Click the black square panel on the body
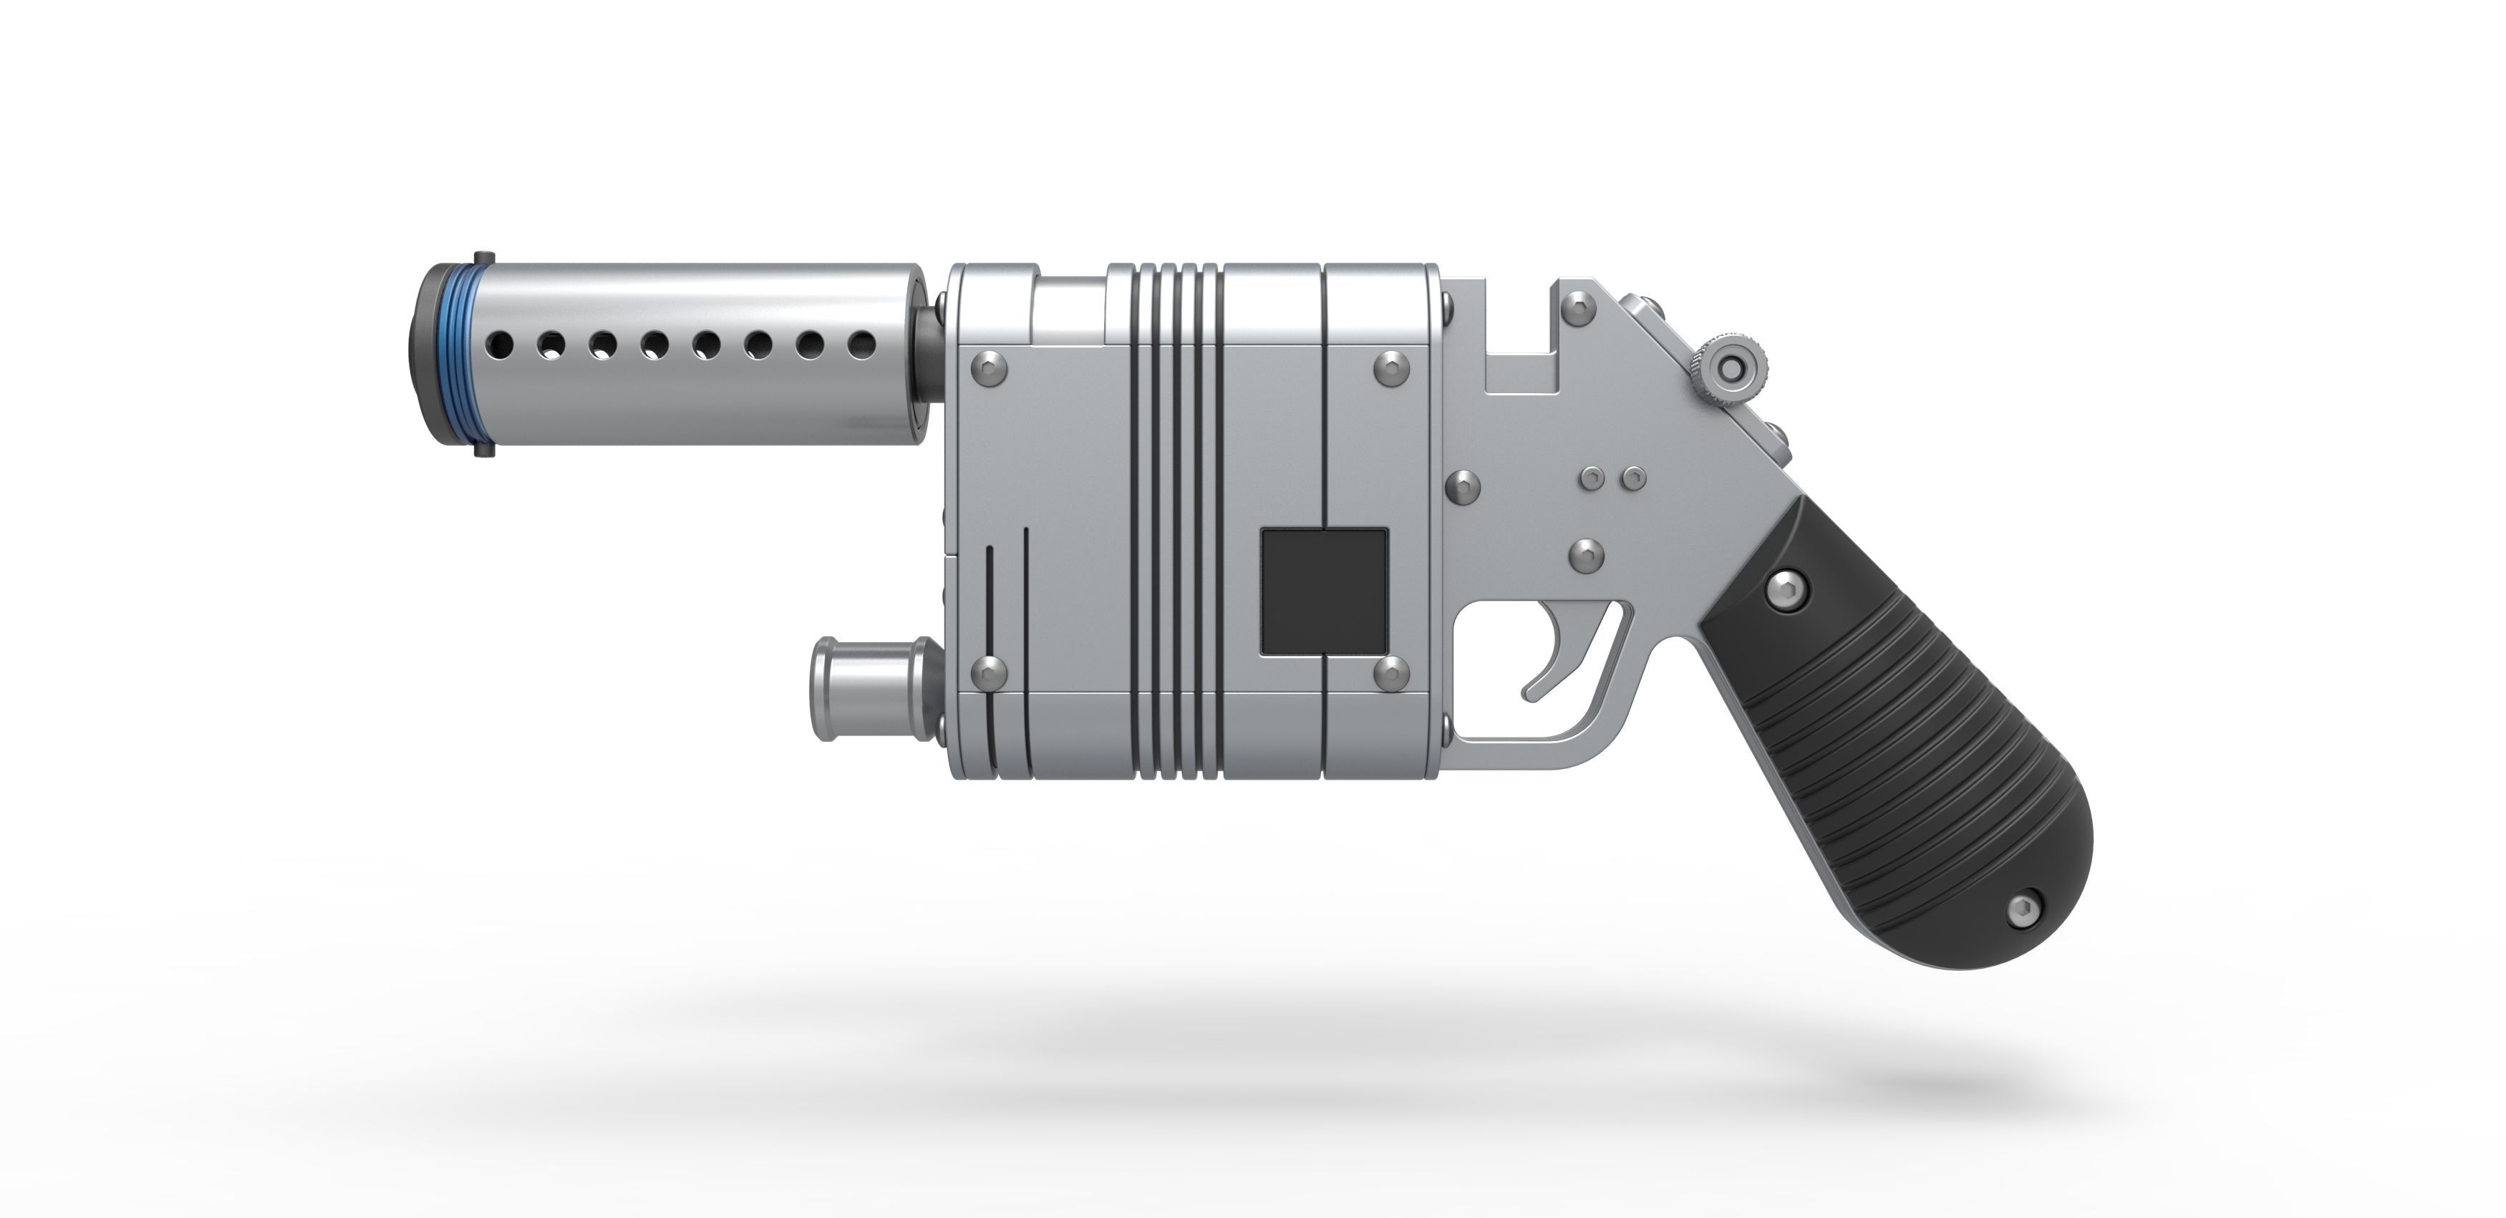pyautogui.click(x=1324, y=591)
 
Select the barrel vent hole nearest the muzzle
pyautogui.click(x=502, y=344)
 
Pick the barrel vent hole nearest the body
pyautogui.click(x=860, y=344)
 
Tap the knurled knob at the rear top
pyautogui.click(x=1728, y=369)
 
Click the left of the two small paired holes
pyautogui.click(x=1592, y=478)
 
